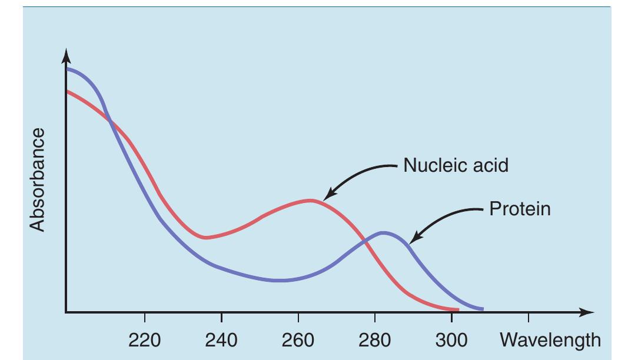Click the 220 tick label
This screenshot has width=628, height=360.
145,340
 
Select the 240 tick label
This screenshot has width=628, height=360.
221,340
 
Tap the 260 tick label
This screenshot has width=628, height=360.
298,340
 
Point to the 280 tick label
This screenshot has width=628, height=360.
375,340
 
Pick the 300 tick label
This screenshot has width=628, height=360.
451,340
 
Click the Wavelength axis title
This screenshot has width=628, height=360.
550,340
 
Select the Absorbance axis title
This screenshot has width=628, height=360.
38,180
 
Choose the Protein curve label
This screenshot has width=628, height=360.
520,209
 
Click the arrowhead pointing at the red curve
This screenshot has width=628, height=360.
328,195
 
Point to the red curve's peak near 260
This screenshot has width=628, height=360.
311,201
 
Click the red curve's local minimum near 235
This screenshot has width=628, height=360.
205,238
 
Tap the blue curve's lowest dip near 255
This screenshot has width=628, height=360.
281,281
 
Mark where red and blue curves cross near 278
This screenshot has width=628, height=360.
367,240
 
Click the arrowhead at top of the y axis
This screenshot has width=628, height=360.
67,56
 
